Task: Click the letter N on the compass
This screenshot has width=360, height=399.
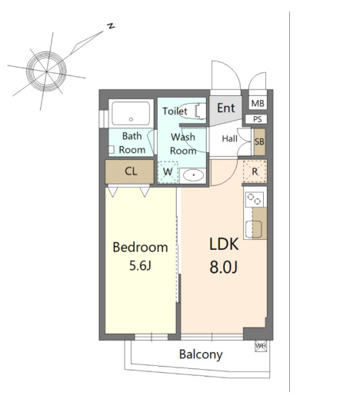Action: point(111,25)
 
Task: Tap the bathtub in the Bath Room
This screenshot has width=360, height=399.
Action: point(131,113)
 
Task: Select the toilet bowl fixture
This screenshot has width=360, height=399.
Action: point(192,111)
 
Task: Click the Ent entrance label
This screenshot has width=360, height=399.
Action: point(225,108)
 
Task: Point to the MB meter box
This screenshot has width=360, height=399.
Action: point(258,103)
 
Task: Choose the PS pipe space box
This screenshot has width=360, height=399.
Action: point(256,119)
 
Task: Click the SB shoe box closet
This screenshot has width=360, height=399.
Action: point(259,141)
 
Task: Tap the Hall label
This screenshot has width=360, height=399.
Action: point(229,138)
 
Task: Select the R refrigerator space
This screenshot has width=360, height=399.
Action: point(255,171)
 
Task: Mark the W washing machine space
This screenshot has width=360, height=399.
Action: point(168,172)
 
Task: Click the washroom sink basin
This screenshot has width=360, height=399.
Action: point(193,175)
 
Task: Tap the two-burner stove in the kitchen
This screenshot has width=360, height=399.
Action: point(255,199)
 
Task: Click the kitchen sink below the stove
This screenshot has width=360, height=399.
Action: point(253,229)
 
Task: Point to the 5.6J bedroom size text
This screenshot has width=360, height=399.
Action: point(140,265)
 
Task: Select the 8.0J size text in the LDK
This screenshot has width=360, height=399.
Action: point(224,267)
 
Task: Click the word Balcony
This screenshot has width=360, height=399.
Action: point(201,354)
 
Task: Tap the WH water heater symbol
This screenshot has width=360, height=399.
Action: point(261,346)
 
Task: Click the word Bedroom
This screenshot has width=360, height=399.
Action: point(140,248)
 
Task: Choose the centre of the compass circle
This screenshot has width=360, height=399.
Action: point(46,71)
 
